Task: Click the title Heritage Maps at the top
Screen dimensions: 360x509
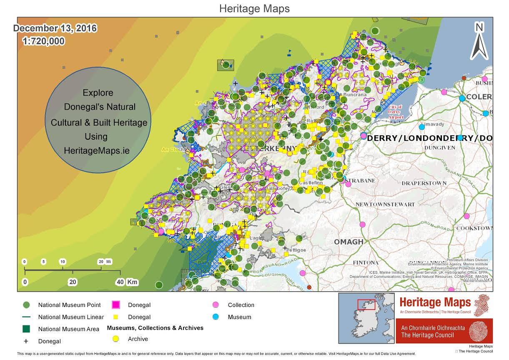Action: pos(254,8)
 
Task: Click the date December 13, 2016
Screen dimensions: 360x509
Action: pos(55,29)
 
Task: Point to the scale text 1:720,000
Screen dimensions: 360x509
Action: pos(43,41)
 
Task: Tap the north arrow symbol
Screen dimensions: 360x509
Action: pos(479,42)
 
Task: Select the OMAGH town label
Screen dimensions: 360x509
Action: pos(349,242)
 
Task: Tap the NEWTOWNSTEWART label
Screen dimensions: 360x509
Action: pos(385,204)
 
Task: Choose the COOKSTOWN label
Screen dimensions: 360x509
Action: pos(474,229)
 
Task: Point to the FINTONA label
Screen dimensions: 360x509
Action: pos(366,263)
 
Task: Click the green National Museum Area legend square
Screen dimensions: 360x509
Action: pos(26,329)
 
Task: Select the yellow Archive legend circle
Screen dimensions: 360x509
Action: pos(116,339)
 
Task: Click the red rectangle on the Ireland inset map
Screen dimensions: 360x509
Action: pos(366,305)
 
